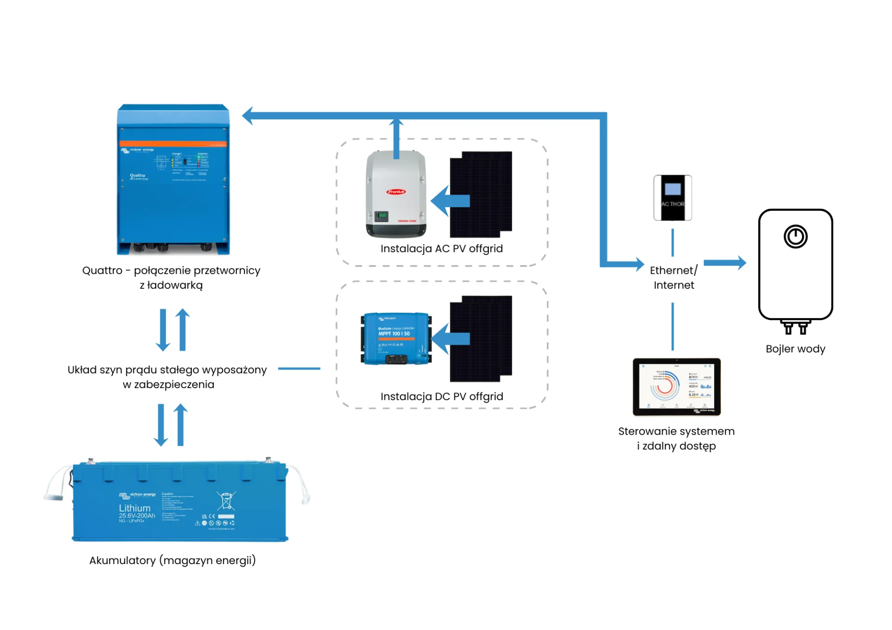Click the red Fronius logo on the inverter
tap(396, 191)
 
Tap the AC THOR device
tap(672, 197)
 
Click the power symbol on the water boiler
tap(795, 237)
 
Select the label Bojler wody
tap(795, 349)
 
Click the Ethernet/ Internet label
tap(673, 278)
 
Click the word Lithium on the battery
tap(135, 508)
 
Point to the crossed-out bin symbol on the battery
tap(226, 501)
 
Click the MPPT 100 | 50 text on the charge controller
tap(394, 333)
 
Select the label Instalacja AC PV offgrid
tap(441, 248)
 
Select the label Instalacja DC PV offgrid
tap(441, 396)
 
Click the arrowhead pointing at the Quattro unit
tap(249, 116)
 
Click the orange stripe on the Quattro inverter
tap(173, 143)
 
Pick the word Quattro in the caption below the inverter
tap(102, 270)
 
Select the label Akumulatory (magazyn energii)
tap(172, 560)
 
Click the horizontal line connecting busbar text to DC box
tap(299, 369)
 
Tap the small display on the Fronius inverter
tap(381, 215)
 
